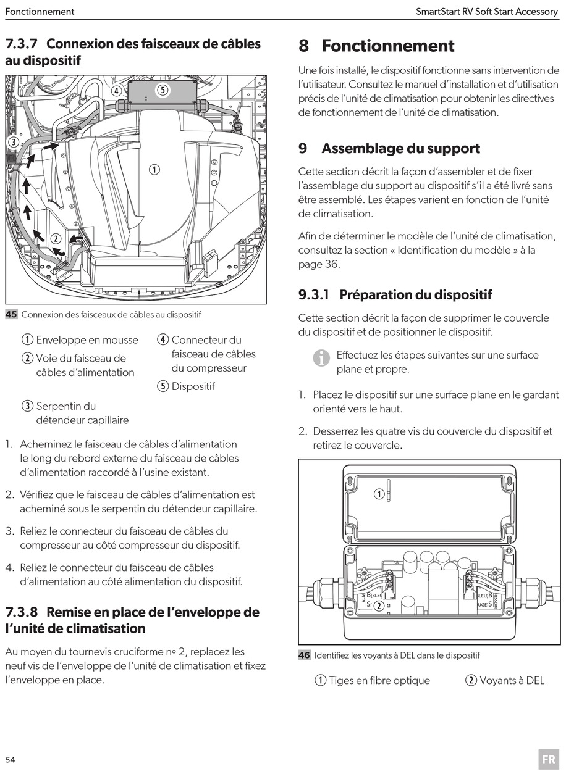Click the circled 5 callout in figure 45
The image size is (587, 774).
pyautogui.click(x=163, y=90)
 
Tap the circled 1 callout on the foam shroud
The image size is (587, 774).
pyautogui.click(x=154, y=170)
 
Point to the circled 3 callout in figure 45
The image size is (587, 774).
pyautogui.click(x=14, y=142)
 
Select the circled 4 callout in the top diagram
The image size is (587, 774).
pyautogui.click(x=117, y=91)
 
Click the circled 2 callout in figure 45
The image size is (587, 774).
pyautogui.click(x=56, y=239)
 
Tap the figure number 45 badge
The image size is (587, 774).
pyautogui.click(x=11, y=314)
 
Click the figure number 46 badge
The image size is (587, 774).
pyautogui.click(x=304, y=655)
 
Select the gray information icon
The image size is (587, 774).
pyautogui.click(x=321, y=358)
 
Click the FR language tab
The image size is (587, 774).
pyautogui.click(x=549, y=759)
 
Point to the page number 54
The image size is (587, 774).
pyautogui.click(x=11, y=759)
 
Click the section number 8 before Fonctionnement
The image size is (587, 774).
pyautogui.click(x=303, y=46)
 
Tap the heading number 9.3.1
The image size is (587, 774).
pyautogui.click(x=313, y=294)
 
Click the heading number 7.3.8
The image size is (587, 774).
pyautogui.click(x=21, y=612)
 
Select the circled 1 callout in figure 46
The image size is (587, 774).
pyautogui.click(x=379, y=494)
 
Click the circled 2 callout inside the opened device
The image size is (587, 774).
pyautogui.click(x=379, y=605)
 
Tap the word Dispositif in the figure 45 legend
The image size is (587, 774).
pyautogui.click(x=193, y=386)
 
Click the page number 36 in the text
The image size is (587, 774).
pyautogui.click(x=332, y=264)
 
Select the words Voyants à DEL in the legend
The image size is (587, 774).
pyautogui.click(x=512, y=680)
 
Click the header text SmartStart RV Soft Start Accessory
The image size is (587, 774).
pyautogui.click(x=487, y=12)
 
